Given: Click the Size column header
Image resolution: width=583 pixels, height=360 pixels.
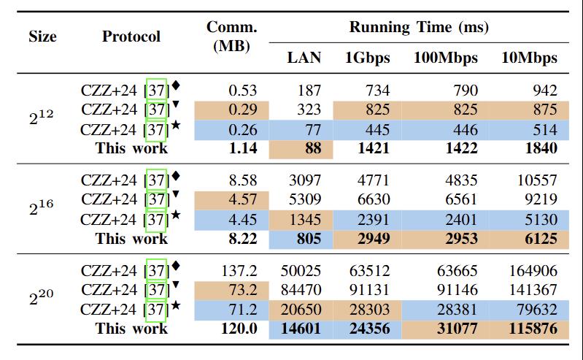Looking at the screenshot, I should tap(42, 37).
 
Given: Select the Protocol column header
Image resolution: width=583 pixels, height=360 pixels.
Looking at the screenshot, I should tap(131, 37).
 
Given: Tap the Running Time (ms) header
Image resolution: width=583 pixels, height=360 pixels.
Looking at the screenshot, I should tap(418, 28).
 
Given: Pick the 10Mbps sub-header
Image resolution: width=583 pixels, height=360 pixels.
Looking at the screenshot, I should tap(529, 58).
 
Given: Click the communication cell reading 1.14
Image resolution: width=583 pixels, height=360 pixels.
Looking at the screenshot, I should tap(242, 149).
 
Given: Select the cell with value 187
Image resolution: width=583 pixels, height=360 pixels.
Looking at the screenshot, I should tap(309, 91).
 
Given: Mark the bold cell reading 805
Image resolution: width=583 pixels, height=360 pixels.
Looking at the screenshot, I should tap(309, 238).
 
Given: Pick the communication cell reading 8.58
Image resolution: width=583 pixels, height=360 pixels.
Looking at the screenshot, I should tap(242, 180).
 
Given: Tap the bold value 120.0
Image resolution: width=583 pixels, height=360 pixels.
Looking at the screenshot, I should tap(239, 329).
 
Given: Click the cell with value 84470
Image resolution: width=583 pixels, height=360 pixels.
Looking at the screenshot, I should tap(301, 290).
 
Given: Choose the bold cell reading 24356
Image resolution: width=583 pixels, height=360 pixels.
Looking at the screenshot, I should tap(370, 329).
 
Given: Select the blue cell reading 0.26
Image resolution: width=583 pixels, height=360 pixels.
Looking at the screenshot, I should tap(242, 130).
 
